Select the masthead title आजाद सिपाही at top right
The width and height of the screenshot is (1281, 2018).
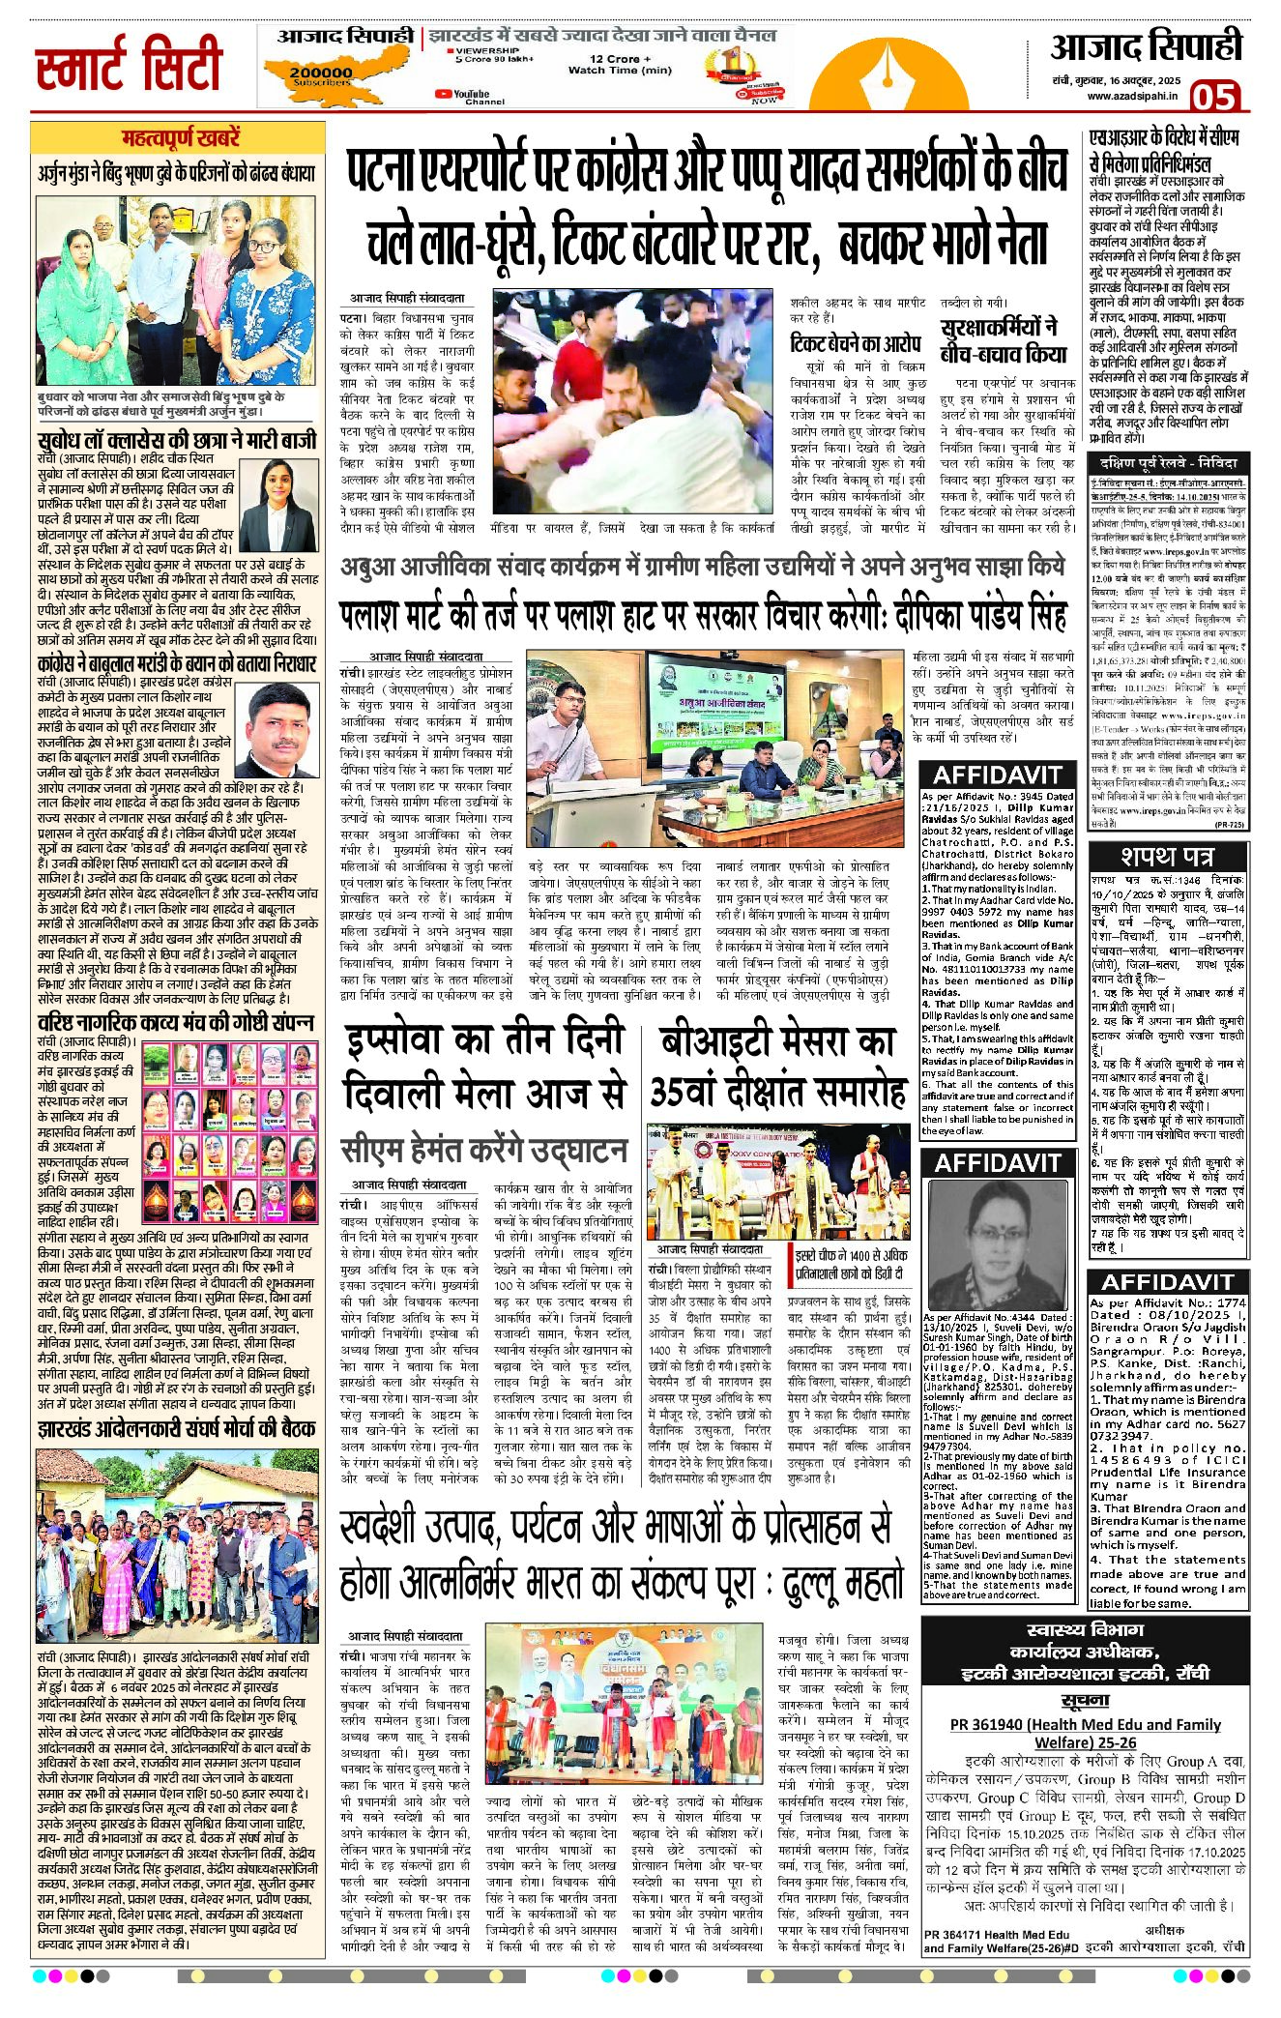pos(1146,46)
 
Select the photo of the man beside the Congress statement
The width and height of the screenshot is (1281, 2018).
pos(283,733)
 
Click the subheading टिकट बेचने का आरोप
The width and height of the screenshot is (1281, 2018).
pos(856,343)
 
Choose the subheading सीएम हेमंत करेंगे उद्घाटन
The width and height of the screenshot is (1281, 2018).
pos(483,1150)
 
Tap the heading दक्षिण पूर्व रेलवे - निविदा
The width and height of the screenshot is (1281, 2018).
pos(1167,462)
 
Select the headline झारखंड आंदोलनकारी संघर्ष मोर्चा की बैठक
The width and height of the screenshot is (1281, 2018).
pos(176,1428)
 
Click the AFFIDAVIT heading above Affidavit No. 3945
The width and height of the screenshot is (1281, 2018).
pos(997,775)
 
